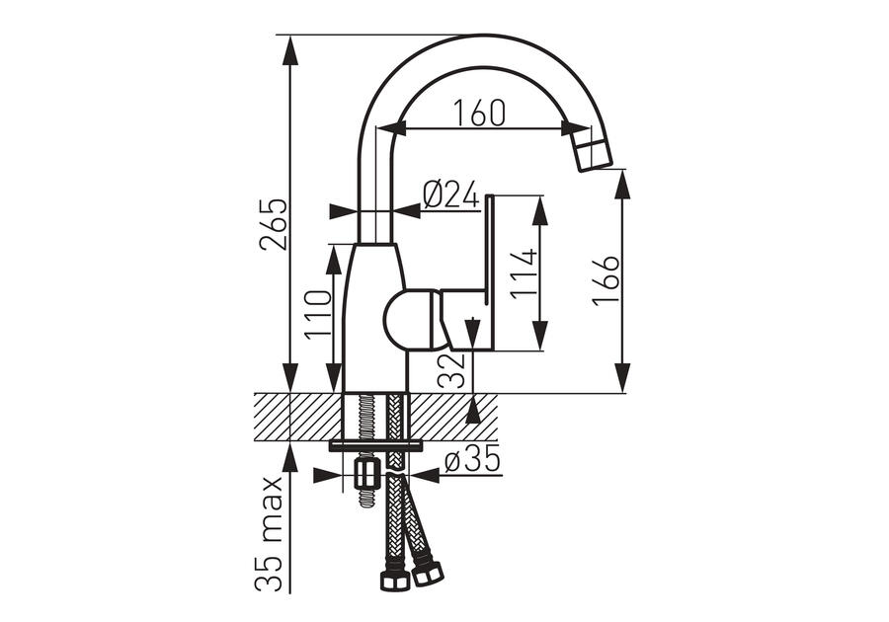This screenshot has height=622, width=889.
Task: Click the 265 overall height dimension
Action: (x=274, y=224)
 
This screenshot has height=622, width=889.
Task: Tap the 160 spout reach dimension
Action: (x=479, y=113)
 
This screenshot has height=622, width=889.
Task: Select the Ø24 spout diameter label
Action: (x=450, y=195)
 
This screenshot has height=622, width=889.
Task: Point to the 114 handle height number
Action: (x=524, y=273)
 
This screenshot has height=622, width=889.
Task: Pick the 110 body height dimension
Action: (x=317, y=314)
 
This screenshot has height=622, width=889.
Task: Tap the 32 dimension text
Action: (x=451, y=370)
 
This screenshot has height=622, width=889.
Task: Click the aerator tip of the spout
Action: (x=593, y=151)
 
